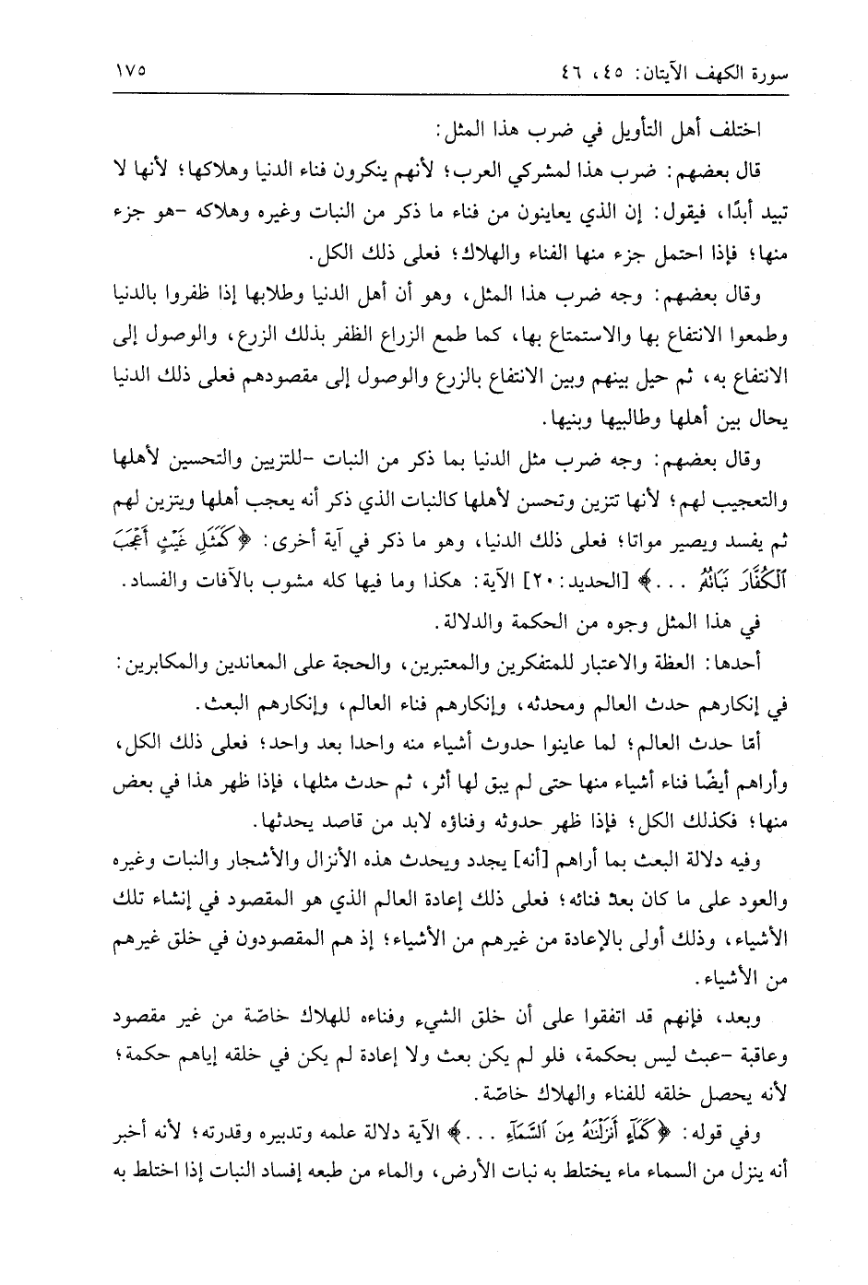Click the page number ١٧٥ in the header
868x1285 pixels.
tap(129, 70)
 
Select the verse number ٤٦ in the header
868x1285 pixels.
tap(551, 71)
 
